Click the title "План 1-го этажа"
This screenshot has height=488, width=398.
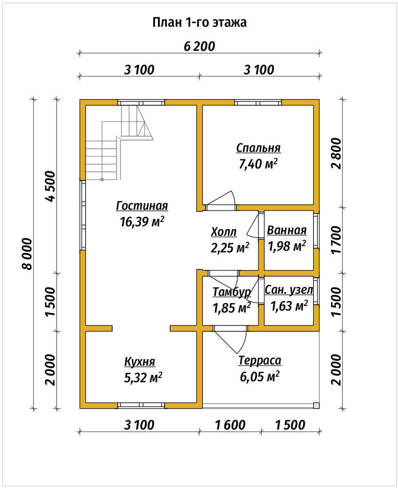pos(199,23)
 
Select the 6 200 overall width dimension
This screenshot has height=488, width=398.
pos(199,46)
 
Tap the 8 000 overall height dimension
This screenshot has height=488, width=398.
pos(27,254)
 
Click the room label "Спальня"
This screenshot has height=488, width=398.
pos(259,148)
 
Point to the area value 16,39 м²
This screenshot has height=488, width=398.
pos(142,222)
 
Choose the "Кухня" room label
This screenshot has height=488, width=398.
pos(139,362)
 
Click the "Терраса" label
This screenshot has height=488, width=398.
pos(260,361)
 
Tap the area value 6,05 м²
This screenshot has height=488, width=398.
pos(259,377)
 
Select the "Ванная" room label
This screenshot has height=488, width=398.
pos(287,230)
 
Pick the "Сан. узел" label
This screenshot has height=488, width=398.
pos(289,290)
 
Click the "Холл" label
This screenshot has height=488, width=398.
pos(224,232)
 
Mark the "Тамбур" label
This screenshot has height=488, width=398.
pos(232,292)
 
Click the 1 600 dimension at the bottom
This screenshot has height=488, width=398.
pos(230,425)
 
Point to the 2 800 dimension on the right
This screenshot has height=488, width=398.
pos(337,154)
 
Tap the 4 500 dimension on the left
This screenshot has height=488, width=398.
pos(50,186)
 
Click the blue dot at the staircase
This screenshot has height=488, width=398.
pos(102,180)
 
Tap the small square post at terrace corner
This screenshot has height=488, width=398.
pos(316,405)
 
